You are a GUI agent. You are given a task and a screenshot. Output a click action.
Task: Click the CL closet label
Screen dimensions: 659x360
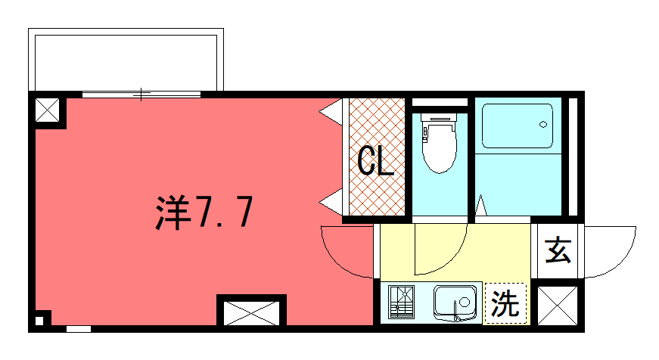(375, 161)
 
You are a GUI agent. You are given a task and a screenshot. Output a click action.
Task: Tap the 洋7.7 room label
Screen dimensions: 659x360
(204, 212)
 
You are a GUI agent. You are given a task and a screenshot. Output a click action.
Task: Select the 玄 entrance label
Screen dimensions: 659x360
(558, 250)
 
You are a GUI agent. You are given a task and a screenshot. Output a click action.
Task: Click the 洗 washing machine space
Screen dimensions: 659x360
(505, 303)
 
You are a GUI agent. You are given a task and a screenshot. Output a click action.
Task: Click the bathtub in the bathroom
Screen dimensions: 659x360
(518, 126)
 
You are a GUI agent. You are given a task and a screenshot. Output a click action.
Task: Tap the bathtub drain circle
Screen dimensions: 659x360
(543, 124)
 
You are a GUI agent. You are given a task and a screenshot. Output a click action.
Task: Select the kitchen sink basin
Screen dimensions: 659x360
(455, 302)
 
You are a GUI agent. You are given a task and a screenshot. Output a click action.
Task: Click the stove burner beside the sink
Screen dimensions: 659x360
(401, 302)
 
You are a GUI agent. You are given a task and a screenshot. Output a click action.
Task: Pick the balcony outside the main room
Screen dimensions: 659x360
(126, 60)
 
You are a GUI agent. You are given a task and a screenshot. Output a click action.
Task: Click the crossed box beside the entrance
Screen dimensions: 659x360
(558, 306)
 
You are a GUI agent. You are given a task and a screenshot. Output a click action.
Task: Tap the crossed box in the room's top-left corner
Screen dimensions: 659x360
(47, 110)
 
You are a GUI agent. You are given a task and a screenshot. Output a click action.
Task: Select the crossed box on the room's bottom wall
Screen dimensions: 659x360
(251, 313)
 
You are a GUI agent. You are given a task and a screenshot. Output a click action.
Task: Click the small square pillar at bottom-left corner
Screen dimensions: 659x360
(39, 321)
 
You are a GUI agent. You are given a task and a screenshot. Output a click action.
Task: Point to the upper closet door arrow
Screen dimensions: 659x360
(331, 112)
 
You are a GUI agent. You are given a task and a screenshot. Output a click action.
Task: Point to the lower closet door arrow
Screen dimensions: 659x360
(331, 202)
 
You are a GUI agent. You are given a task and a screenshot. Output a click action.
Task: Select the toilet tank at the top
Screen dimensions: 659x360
(439, 117)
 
